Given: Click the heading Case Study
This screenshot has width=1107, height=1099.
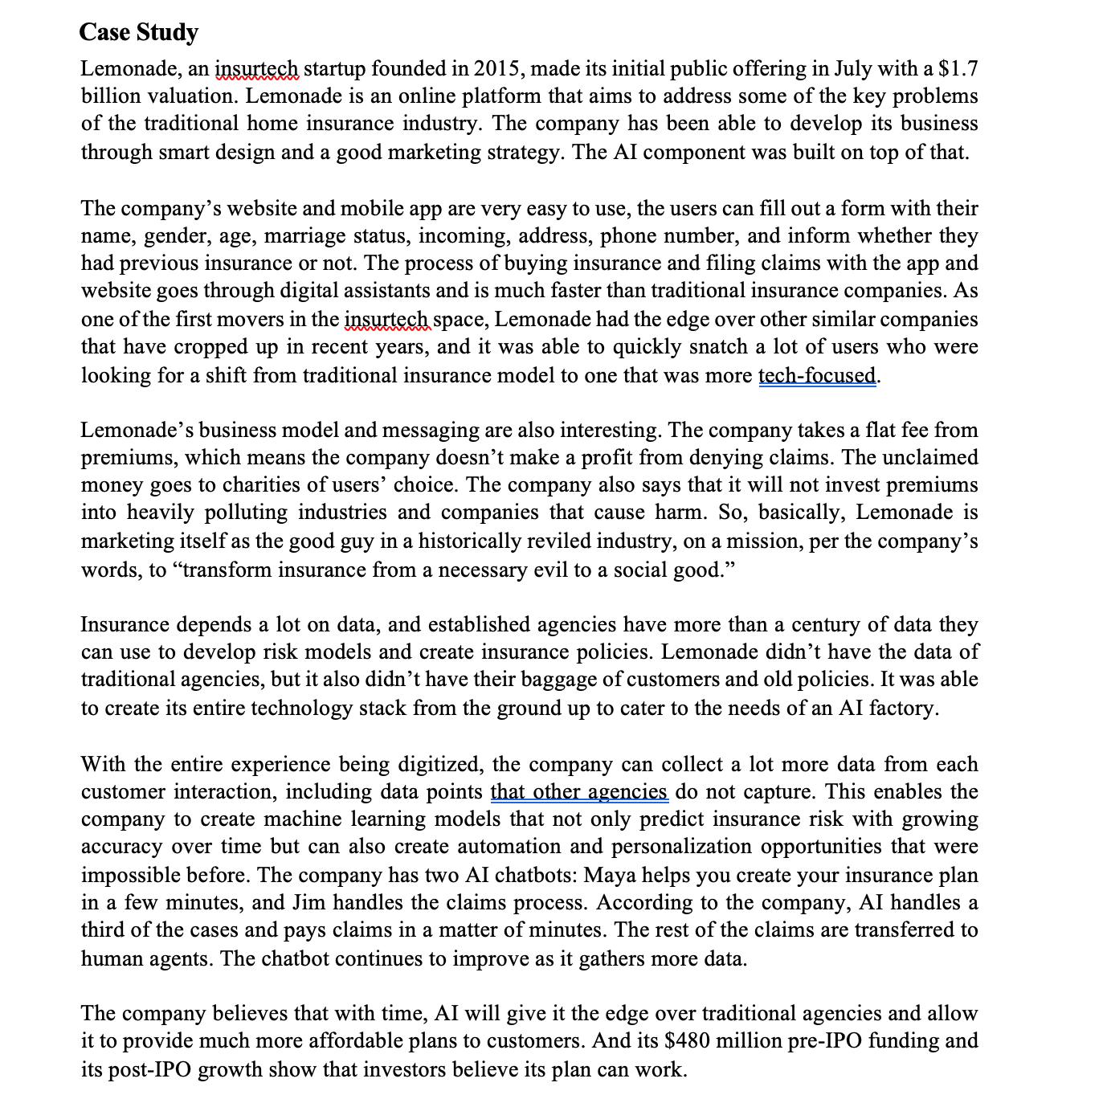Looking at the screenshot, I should [139, 32].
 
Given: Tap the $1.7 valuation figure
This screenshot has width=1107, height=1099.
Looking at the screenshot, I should [958, 69].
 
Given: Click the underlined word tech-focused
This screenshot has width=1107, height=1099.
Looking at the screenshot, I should [817, 375].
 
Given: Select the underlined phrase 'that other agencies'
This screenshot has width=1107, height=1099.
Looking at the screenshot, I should [579, 791].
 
